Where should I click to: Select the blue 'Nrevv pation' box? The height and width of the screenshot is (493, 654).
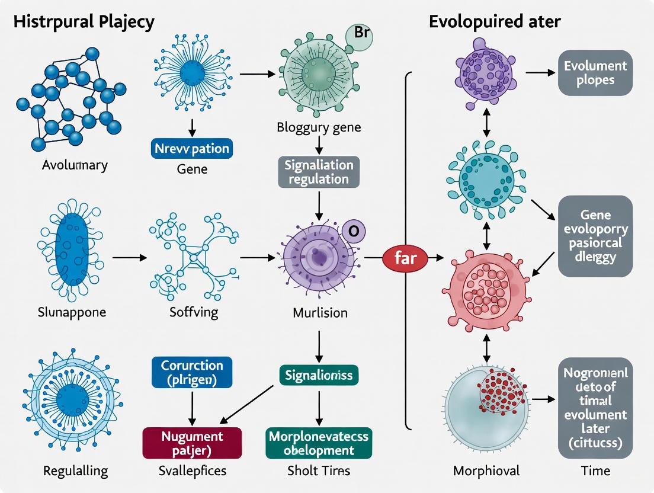[x=193, y=148]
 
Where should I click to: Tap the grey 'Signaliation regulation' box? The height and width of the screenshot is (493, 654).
[x=319, y=171]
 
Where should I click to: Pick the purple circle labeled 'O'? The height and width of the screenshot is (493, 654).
[x=353, y=231]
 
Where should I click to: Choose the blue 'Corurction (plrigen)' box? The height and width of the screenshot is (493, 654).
[x=192, y=372]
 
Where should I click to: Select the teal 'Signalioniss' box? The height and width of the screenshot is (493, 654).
[x=319, y=375]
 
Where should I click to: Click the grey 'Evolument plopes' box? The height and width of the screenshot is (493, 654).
[x=595, y=73]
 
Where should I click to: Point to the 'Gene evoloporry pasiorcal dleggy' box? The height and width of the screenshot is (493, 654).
[x=595, y=236]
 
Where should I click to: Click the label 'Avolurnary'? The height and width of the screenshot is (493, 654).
[x=75, y=165]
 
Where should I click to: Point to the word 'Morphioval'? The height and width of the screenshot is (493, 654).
[x=486, y=470]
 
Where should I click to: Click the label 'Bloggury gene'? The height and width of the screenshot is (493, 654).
[x=319, y=127]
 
